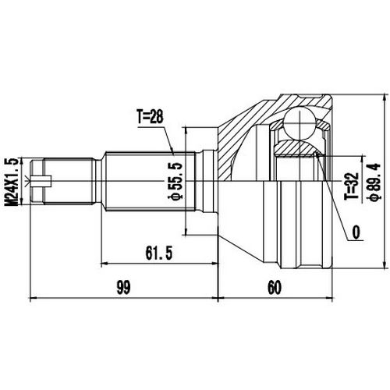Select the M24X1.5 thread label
[11, 180]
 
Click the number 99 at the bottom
[123, 287]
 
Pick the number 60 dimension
[273, 287]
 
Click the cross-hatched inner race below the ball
[296, 147]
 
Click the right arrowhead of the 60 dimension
[331, 298]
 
